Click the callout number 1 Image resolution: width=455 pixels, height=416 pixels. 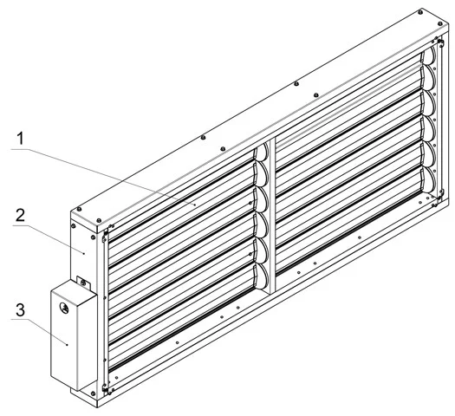point(20,139)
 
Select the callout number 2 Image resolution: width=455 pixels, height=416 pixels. point(20,215)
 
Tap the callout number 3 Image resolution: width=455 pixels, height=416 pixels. point(20,309)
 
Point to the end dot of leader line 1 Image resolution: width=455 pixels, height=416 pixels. point(195,205)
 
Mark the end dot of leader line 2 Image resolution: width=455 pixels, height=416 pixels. point(84,254)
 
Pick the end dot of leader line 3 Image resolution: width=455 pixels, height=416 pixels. point(68,345)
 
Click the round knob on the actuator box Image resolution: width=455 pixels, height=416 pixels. point(64,308)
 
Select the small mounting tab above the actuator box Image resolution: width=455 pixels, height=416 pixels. point(83,283)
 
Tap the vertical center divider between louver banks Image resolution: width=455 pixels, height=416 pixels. point(272,215)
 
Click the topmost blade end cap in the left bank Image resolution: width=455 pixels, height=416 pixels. point(262,152)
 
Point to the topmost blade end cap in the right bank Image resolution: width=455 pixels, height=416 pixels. point(429,55)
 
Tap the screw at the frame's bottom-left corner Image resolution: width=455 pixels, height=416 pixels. point(93,393)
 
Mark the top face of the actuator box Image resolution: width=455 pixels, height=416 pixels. point(75,291)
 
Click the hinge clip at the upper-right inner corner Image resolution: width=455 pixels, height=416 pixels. point(440,42)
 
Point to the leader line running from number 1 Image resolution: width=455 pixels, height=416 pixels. point(103,177)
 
